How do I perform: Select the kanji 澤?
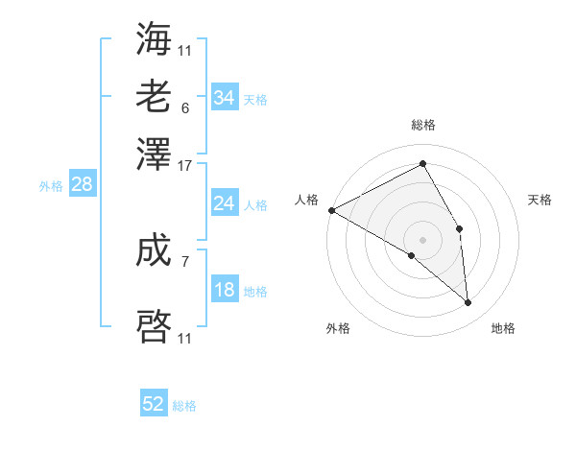[x=155, y=154]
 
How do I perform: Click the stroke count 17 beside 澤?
[x=185, y=166]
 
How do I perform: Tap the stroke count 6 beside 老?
[x=185, y=108]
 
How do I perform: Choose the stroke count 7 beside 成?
[x=185, y=259]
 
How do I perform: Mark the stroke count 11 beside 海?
[x=185, y=50]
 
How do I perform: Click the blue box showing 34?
[x=224, y=98]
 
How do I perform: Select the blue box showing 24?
[x=224, y=203]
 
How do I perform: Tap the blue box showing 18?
[x=224, y=291]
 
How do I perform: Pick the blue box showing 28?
[x=82, y=185]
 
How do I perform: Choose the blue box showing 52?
[x=154, y=404]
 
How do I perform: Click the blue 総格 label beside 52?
[x=184, y=406]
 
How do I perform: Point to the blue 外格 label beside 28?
[x=51, y=186]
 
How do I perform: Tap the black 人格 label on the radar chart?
[x=306, y=200]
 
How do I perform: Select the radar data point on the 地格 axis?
[x=468, y=302]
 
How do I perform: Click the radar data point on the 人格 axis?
[x=331, y=210]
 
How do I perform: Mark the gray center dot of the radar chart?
[x=422, y=239]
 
